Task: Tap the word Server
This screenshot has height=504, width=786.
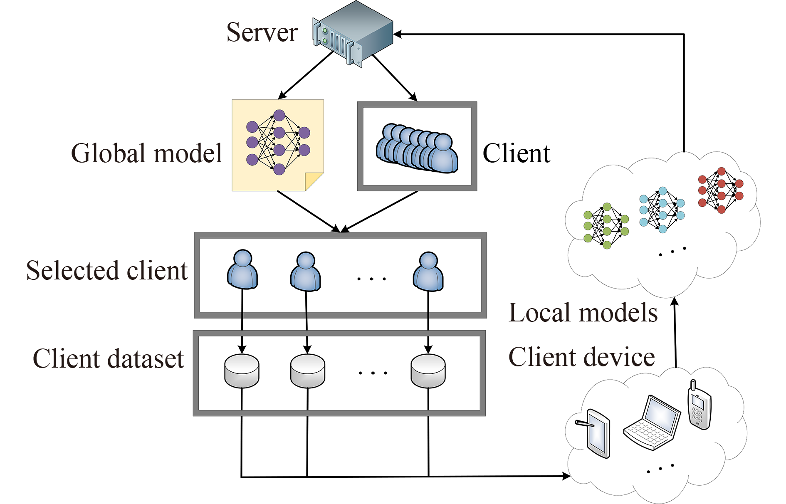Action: [x=262, y=32]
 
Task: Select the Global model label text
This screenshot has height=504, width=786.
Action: [x=146, y=153]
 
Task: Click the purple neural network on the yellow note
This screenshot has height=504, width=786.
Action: [x=278, y=142]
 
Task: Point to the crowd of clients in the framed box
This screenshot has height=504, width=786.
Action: [x=417, y=148]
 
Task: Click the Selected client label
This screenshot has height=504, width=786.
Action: [x=107, y=271]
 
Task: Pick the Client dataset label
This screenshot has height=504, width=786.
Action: [x=108, y=359]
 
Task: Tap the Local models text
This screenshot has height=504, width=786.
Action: [x=583, y=313]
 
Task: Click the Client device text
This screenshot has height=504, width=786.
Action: [x=581, y=357]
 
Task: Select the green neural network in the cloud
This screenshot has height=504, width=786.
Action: [x=606, y=226]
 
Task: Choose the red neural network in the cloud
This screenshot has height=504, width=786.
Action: [x=721, y=190]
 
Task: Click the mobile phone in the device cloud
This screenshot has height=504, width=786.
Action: [x=699, y=405]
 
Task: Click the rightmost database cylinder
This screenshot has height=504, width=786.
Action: [x=428, y=371]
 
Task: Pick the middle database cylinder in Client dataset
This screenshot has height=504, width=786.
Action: [x=307, y=371]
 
